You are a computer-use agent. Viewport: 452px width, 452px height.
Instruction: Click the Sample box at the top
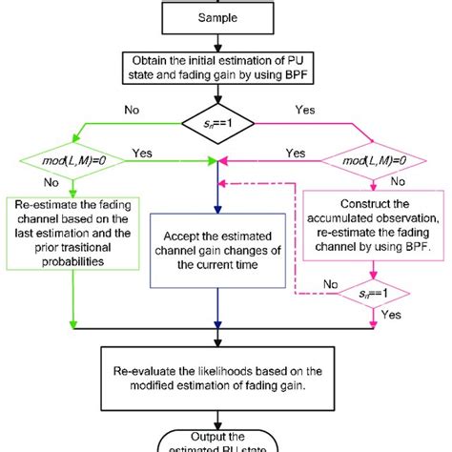[x=226, y=18]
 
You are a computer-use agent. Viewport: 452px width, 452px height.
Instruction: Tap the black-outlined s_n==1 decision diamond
[x=226, y=123]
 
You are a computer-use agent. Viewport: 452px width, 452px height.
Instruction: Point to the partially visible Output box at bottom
[x=226, y=441]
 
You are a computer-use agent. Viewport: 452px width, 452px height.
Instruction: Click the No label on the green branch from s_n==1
[x=131, y=109]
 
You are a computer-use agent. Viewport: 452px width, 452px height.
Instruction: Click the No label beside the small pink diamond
[x=331, y=283]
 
